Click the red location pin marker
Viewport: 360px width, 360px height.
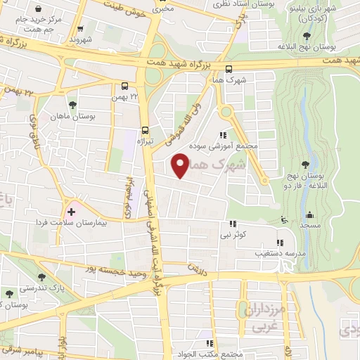pyautogui.click(x=180, y=165)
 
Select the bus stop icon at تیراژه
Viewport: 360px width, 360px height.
pyautogui.click(x=146, y=130)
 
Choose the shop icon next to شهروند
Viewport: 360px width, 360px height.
pyautogui.click(x=82, y=29)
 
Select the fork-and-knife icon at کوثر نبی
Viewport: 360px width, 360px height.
pyautogui.click(x=226, y=224)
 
